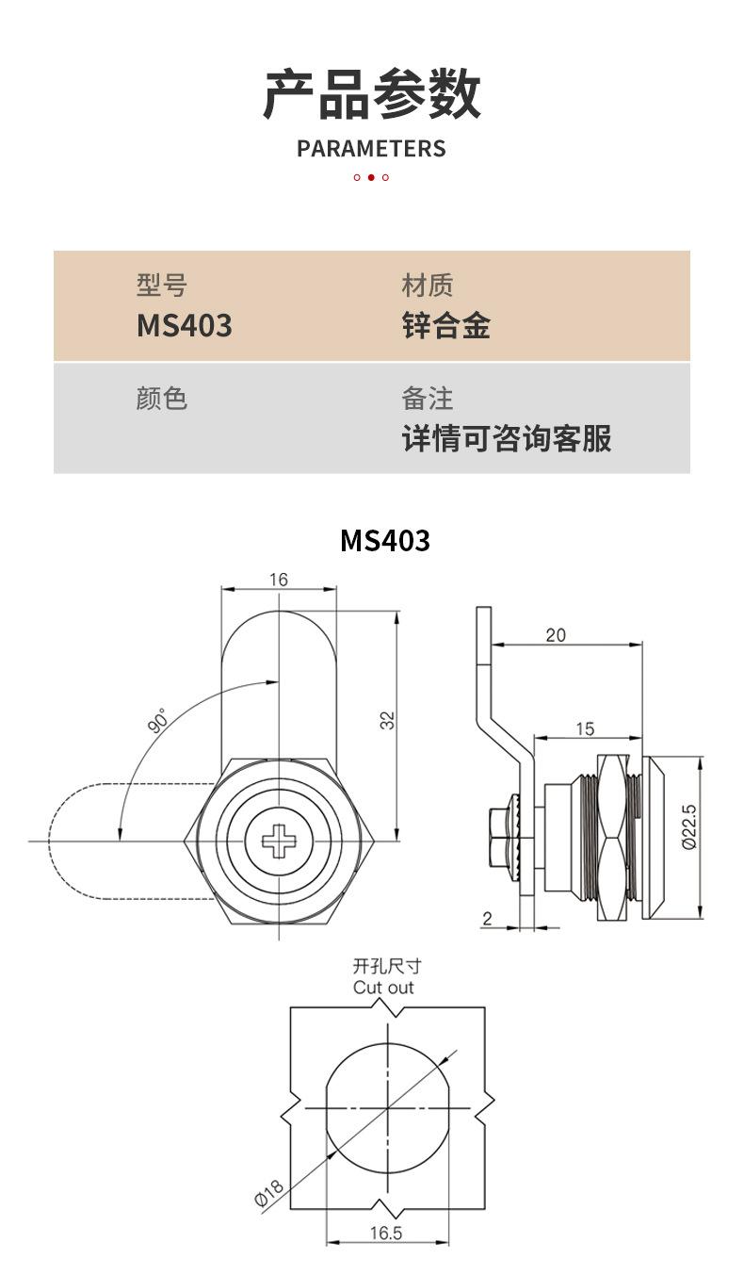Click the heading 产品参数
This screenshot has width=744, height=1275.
371,94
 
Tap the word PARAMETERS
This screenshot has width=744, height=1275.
371,149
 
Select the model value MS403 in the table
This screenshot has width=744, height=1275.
185,326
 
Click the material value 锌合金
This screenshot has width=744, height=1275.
446,326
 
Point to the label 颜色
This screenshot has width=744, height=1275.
162,398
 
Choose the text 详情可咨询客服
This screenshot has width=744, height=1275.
507,438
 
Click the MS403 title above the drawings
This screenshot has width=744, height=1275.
384,540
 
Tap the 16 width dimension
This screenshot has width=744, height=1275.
279,580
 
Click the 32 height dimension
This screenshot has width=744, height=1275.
388,720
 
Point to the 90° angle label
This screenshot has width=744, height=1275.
157,722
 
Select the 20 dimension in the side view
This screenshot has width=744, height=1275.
556,634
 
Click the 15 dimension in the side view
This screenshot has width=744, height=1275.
584,727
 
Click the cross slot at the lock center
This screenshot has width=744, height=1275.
279,841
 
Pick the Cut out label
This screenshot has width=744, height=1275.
383,988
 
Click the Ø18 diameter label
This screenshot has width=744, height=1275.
269,1193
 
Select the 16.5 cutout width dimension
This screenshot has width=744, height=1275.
386,1233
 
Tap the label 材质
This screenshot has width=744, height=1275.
428,285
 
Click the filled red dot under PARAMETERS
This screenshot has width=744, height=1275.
371,177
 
